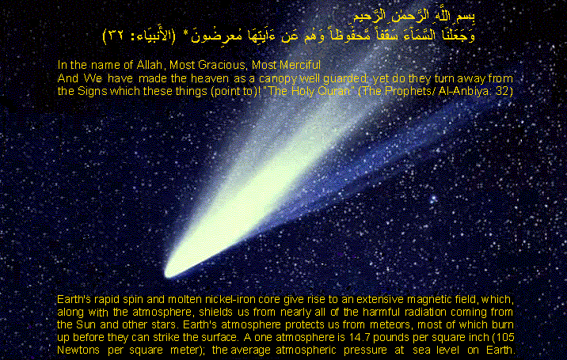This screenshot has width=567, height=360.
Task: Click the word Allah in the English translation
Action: (149, 65)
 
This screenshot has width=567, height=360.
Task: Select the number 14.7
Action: (360, 338)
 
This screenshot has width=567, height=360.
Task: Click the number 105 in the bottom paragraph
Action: (505, 338)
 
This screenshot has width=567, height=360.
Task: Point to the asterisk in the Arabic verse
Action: (185, 34)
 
